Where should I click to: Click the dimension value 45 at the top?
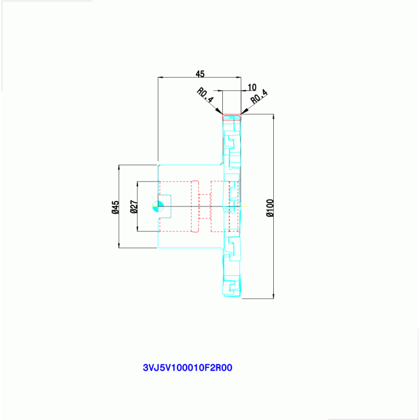coord(200,74)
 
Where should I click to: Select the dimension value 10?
coord(252,87)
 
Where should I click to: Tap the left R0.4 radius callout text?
coord(205,95)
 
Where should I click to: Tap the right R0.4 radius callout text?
coord(259,96)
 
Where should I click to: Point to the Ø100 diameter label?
coord(270,208)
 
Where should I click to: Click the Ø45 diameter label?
coord(116,208)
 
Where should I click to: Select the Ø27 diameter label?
coord(134,207)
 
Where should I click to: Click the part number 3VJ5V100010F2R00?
coord(187,367)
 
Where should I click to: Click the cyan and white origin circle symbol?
coord(158,206)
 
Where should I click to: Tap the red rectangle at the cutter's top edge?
coord(232,117)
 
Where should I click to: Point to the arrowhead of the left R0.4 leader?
coord(220,111)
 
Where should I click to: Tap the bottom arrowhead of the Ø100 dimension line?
coord(273,296)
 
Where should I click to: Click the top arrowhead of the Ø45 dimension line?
coord(119,168)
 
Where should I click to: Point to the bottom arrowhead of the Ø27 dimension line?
coord(137,228)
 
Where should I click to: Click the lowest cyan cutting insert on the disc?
coord(232,285)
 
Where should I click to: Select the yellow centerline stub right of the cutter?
coord(244,206)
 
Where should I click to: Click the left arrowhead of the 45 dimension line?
coord(161,77)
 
